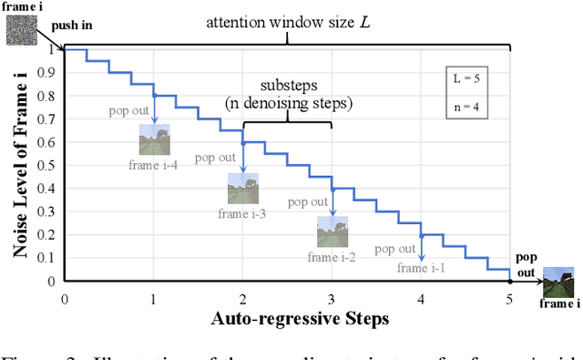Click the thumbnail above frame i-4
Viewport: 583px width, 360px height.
tap(154, 139)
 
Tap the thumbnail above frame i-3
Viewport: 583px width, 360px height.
tap(242, 189)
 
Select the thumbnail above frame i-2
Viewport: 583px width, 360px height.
tap(332, 231)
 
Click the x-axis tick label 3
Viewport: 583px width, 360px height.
tap(332, 299)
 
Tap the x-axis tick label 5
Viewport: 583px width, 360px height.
tap(510, 299)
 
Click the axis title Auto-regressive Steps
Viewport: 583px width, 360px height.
tap(287, 319)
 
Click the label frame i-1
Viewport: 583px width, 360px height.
tap(420, 267)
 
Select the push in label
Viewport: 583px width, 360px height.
tap(71, 26)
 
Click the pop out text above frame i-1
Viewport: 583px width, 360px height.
tap(394, 249)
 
